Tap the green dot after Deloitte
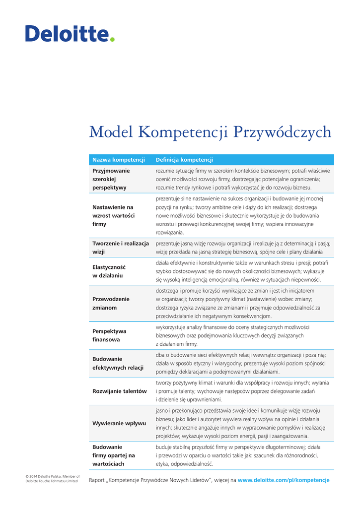tap(112, 39)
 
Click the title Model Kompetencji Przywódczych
tap(210, 132)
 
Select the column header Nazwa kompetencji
tap(118, 160)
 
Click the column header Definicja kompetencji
tap(184, 160)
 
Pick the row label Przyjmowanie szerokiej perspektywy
tap(111, 179)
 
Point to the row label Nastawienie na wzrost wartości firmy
tap(113, 215)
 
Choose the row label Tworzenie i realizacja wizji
tap(121, 248)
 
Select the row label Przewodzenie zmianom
tap(111, 303)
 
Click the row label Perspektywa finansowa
tap(109, 335)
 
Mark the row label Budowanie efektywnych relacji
tap(118, 363)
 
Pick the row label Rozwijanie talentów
tap(119, 391)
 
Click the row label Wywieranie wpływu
tap(119, 423)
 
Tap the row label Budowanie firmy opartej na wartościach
tap(113, 455)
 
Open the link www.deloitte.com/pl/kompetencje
tap(284, 480)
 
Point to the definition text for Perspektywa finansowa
tap(232, 335)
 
